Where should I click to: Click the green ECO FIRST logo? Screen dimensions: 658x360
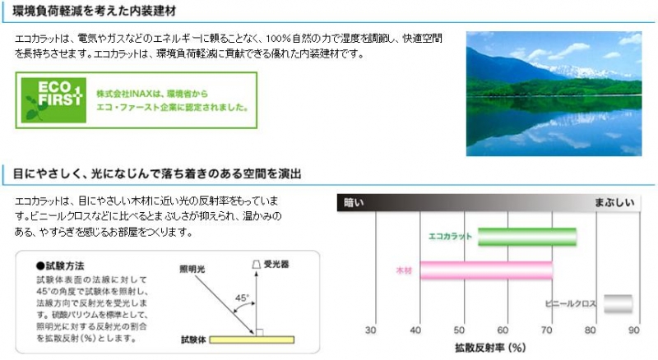[x=53, y=100]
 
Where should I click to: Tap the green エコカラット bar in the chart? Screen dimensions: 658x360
[x=527, y=237]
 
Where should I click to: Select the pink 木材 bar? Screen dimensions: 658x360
[x=486, y=270]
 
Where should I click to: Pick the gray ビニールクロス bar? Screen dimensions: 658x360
[x=619, y=304]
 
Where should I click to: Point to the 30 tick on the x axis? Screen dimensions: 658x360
[x=371, y=330]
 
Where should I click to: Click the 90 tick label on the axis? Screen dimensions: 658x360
[x=633, y=330]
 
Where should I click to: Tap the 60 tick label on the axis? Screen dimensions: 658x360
[x=503, y=330]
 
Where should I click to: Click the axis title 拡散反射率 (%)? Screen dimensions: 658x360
[x=490, y=348]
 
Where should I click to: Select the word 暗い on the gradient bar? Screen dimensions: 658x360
[x=354, y=203]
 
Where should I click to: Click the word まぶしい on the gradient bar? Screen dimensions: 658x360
[x=614, y=203]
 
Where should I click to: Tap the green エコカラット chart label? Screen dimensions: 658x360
[x=450, y=237]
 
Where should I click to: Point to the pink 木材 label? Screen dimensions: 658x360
[x=404, y=270]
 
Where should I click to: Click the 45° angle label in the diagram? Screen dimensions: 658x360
[x=242, y=298]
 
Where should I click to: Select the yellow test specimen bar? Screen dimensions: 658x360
[x=252, y=339]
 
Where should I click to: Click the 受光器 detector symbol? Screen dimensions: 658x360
[x=257, y=265]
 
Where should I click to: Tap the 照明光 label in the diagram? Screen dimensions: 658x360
[x=192, y=269]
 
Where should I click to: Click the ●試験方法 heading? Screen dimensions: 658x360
[x=60, y=265]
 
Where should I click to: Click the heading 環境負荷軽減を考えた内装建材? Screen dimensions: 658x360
[x=94, y=11]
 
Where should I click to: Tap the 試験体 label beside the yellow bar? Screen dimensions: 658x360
[x=193, y=339]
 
